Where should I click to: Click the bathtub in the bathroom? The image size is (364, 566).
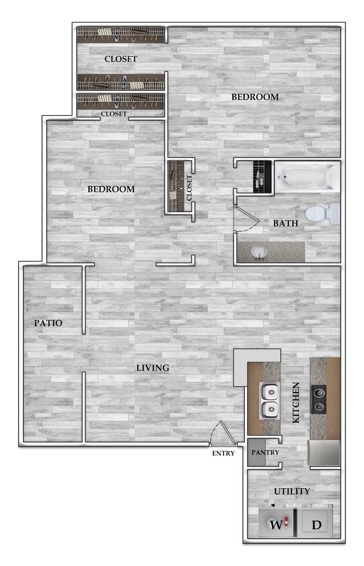307,177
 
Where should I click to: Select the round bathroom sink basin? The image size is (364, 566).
257,252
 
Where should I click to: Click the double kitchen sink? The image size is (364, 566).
270,400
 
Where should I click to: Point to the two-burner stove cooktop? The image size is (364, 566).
319,399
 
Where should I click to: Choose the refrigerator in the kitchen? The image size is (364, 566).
324,453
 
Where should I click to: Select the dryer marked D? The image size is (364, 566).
316,525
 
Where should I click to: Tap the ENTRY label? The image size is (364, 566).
223,453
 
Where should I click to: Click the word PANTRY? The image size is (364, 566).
265,452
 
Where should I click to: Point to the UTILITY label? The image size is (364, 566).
292,492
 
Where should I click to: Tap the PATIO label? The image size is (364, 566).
48,323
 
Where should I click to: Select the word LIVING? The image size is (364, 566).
153,368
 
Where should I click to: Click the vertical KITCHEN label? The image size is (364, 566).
296,402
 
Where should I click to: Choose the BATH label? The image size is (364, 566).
285,223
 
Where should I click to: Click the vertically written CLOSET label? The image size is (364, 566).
189,188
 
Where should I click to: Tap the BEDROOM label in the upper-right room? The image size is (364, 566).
255,97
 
